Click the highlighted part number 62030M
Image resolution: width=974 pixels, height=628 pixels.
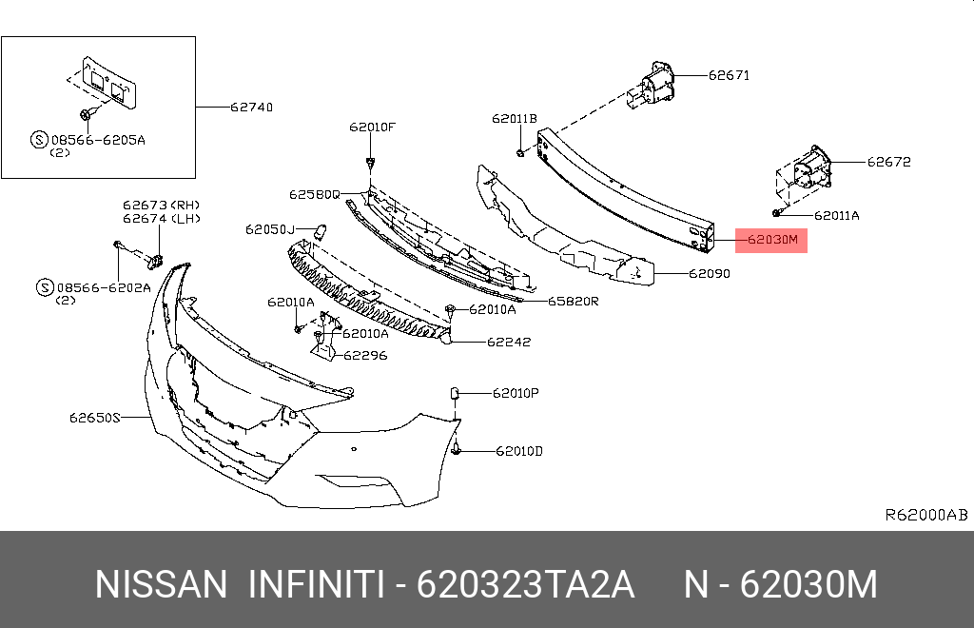(x=771, y=240)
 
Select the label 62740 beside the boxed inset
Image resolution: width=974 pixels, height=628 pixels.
(x=251, y=108)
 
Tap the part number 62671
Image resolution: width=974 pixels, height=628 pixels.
(x=728, y=75)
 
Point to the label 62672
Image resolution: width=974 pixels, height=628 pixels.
(x=888, y=162)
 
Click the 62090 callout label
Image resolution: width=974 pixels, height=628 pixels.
(x=709, y=274)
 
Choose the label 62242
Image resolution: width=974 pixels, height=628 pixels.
(x=509, y=342)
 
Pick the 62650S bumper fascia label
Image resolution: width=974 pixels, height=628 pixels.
(x=94, y=417)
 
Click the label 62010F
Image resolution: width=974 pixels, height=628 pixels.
(x=371, y=127)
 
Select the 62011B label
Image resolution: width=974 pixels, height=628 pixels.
(x=515, y=119)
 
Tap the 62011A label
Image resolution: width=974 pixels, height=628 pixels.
(x=836, y=216)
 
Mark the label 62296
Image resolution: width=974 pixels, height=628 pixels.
(x=365, y=355)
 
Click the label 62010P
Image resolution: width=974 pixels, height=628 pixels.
(x=516, y=392)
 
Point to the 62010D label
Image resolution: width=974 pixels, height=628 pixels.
(x=518, y=451)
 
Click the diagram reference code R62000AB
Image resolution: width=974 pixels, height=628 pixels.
(x=925, y=515)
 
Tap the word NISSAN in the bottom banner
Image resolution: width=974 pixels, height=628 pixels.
(x=161, y=584)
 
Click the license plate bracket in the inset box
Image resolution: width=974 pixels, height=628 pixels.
(x=106, y=83)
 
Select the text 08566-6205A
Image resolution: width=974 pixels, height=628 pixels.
(x=105, y=139)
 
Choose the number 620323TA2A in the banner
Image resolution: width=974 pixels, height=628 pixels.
(x=526, y=584)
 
